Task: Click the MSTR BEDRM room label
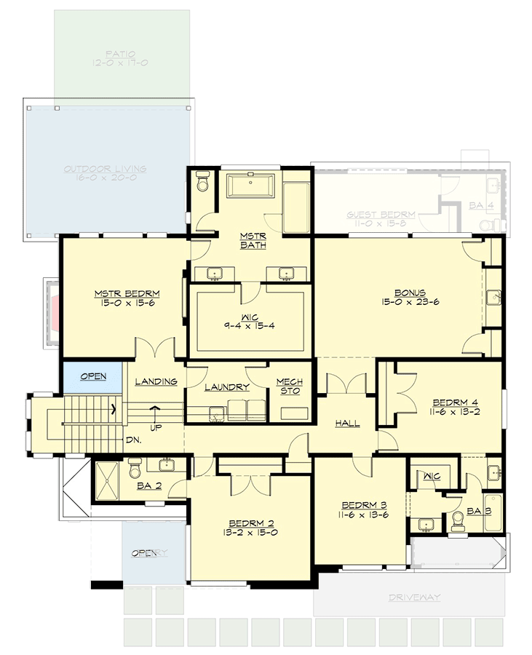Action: click(127, 294)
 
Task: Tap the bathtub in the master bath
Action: click(252, 186)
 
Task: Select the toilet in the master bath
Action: click(202, 182)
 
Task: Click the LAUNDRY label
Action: click(227, 387)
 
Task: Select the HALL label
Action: click(348, 423)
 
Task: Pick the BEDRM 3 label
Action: click(360, 504)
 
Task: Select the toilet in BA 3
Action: click(458, 519)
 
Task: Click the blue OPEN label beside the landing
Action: click(93, 376)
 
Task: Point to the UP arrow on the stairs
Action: click(154, 412)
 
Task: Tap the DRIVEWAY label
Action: click(414, 598)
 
